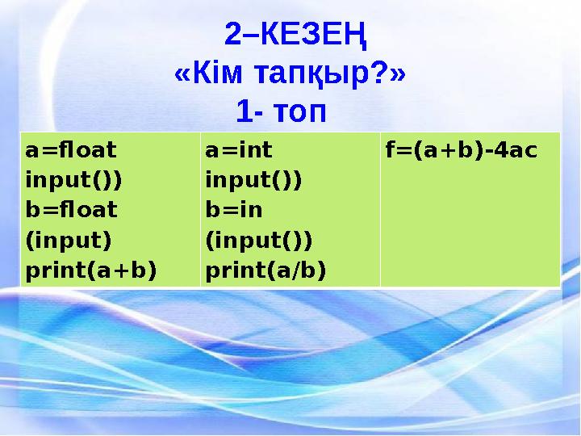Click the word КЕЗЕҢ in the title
click(316, 35)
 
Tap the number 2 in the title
click(233, 35)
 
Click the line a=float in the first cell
click(70, 150)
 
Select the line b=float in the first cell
click(71, 210)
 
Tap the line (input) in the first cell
click(68, 240)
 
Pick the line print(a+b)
click(90, 270)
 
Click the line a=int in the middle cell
click(239, 150)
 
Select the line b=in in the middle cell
click(234, 210)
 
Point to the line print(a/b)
click(266, 270)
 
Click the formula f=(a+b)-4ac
click(461, 150)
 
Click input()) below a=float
click(73, 180)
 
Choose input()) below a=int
click(253, 180)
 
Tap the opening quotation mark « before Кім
click(183, 75)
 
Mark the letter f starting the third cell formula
click(390, 150)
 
